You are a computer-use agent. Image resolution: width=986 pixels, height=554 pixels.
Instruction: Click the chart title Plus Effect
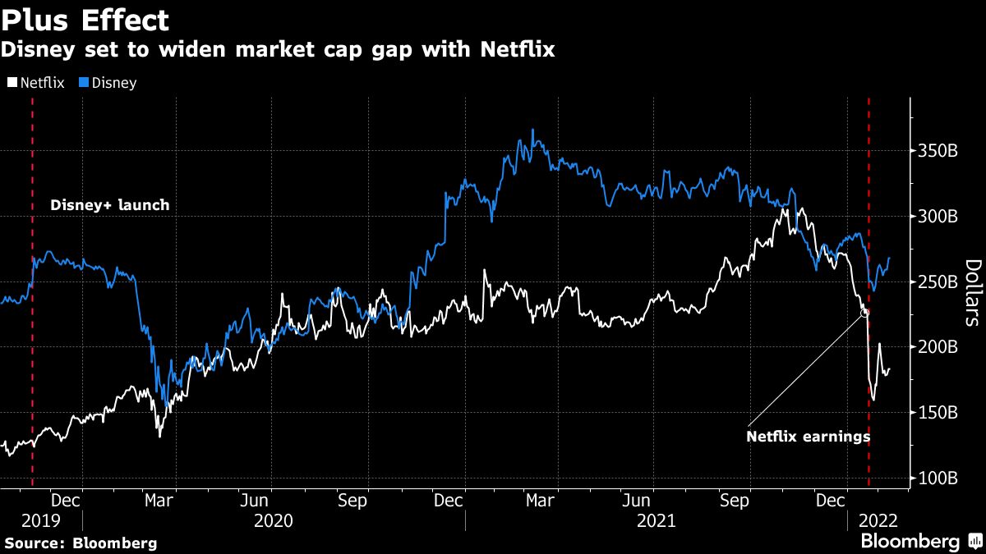pyautogui.click(x=85, y=20)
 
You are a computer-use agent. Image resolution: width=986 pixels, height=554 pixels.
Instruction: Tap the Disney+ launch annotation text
pyautogui.click(x=110, y=205)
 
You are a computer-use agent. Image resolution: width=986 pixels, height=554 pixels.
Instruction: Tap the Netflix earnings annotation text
pyautogui.click(x=808, y=437)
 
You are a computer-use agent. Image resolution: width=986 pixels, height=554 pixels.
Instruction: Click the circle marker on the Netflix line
pyautogui.click(x=864, y=313)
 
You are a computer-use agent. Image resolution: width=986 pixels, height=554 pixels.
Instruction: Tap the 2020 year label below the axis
pyautogui.click(x=274, y=520)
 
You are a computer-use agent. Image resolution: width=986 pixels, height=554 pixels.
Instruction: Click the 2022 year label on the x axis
pyautogui.click(x=878, y=520)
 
